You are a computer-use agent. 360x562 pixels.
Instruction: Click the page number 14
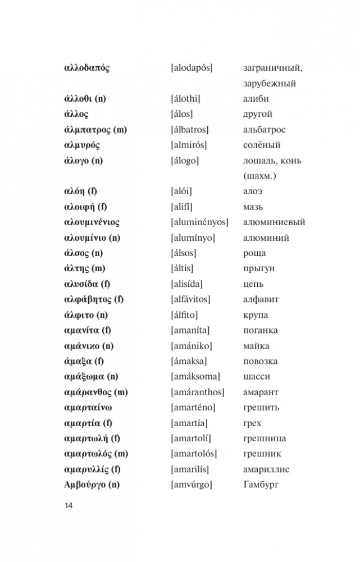[69, 505]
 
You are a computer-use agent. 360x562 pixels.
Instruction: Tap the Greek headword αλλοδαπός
[87, 68]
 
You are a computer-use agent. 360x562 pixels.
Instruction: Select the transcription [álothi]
[185, 99]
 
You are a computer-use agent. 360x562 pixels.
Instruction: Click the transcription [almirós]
[188, 145]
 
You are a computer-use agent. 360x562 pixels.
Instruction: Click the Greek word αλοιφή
[80, 207]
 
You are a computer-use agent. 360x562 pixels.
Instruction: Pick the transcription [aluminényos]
[199, 222]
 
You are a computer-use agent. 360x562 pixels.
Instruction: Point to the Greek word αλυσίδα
[82, 284]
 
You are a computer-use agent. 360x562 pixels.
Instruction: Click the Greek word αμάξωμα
[83, 376]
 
